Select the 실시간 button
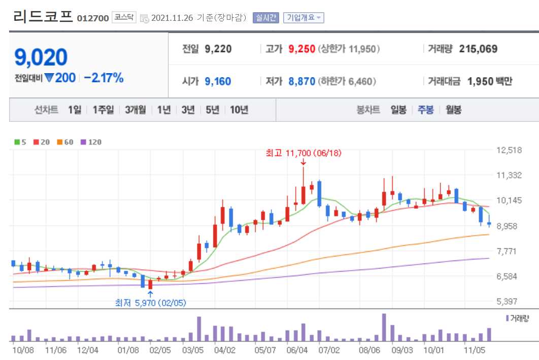coord(265,18)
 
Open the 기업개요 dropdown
coord(304,18)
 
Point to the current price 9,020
coord(41,57)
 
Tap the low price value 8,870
coord(301,81)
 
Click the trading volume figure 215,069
coord(478,49)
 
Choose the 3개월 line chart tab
coord(136,110)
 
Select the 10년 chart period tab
coord(239,110)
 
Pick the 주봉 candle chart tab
coord(425,110)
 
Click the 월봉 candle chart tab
coord(453,110)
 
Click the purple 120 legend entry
coord(91,142)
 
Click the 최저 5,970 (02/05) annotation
coord(150,303)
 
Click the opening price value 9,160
coord(218,81)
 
